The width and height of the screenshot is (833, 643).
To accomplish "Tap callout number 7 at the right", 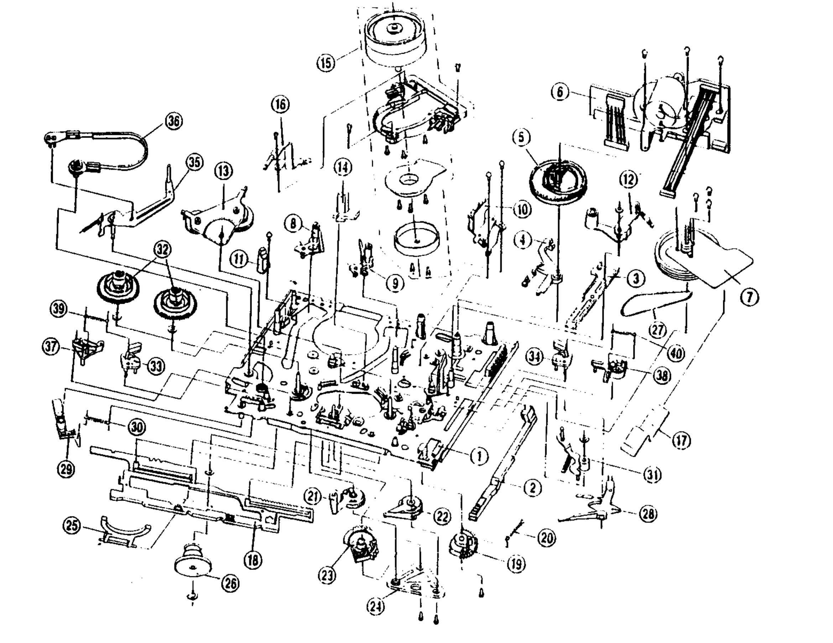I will click(749, 297).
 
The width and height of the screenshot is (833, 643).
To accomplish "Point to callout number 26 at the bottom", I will click(230, 583).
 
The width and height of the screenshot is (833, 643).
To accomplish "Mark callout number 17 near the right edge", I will click(682, 441).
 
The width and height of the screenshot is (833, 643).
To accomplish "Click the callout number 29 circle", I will click(67, 469).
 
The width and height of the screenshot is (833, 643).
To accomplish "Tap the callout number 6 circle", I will click(560, 92).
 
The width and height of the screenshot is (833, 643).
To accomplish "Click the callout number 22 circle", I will click(442, 517).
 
